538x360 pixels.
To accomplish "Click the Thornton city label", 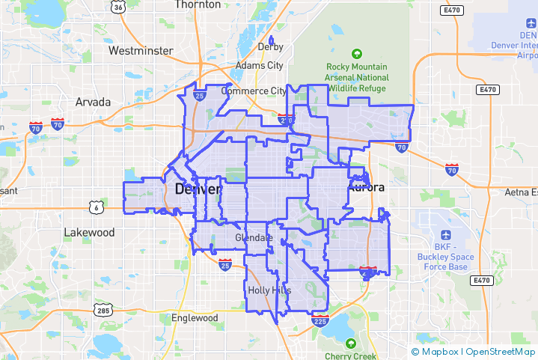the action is pyautogui.click(x=198, y=4).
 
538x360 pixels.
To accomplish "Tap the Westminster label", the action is pyautogui.click(x=141, y=51).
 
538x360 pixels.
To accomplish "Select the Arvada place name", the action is pyautogui.click(x=93, y=102).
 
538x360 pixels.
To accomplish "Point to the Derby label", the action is pyautogui.click(x=271, y=46).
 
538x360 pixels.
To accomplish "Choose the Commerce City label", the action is pyautogui.click(x=253, y=91).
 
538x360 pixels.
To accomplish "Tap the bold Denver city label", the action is pyautogui.click(x=198, y=189).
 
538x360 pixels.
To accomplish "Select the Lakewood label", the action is pyautogui.click(x=89, y=232).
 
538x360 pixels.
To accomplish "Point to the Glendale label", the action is pyautogui.click(x=254, y=237).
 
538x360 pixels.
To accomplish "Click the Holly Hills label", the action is pyautogui.click(x=270, y=290).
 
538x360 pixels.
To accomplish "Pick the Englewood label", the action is pyautogui.click(x=192, y=318).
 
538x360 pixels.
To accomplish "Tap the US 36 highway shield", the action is pyautogui.click(x=117, y=7).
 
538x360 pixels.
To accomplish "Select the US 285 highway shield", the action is pyautogui.click(x=103, y=309).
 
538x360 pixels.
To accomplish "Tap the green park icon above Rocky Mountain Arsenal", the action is pyautogui.click(x=357, y=54).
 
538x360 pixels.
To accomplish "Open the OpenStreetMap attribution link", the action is pyautogui.click(x=500, y=350).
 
